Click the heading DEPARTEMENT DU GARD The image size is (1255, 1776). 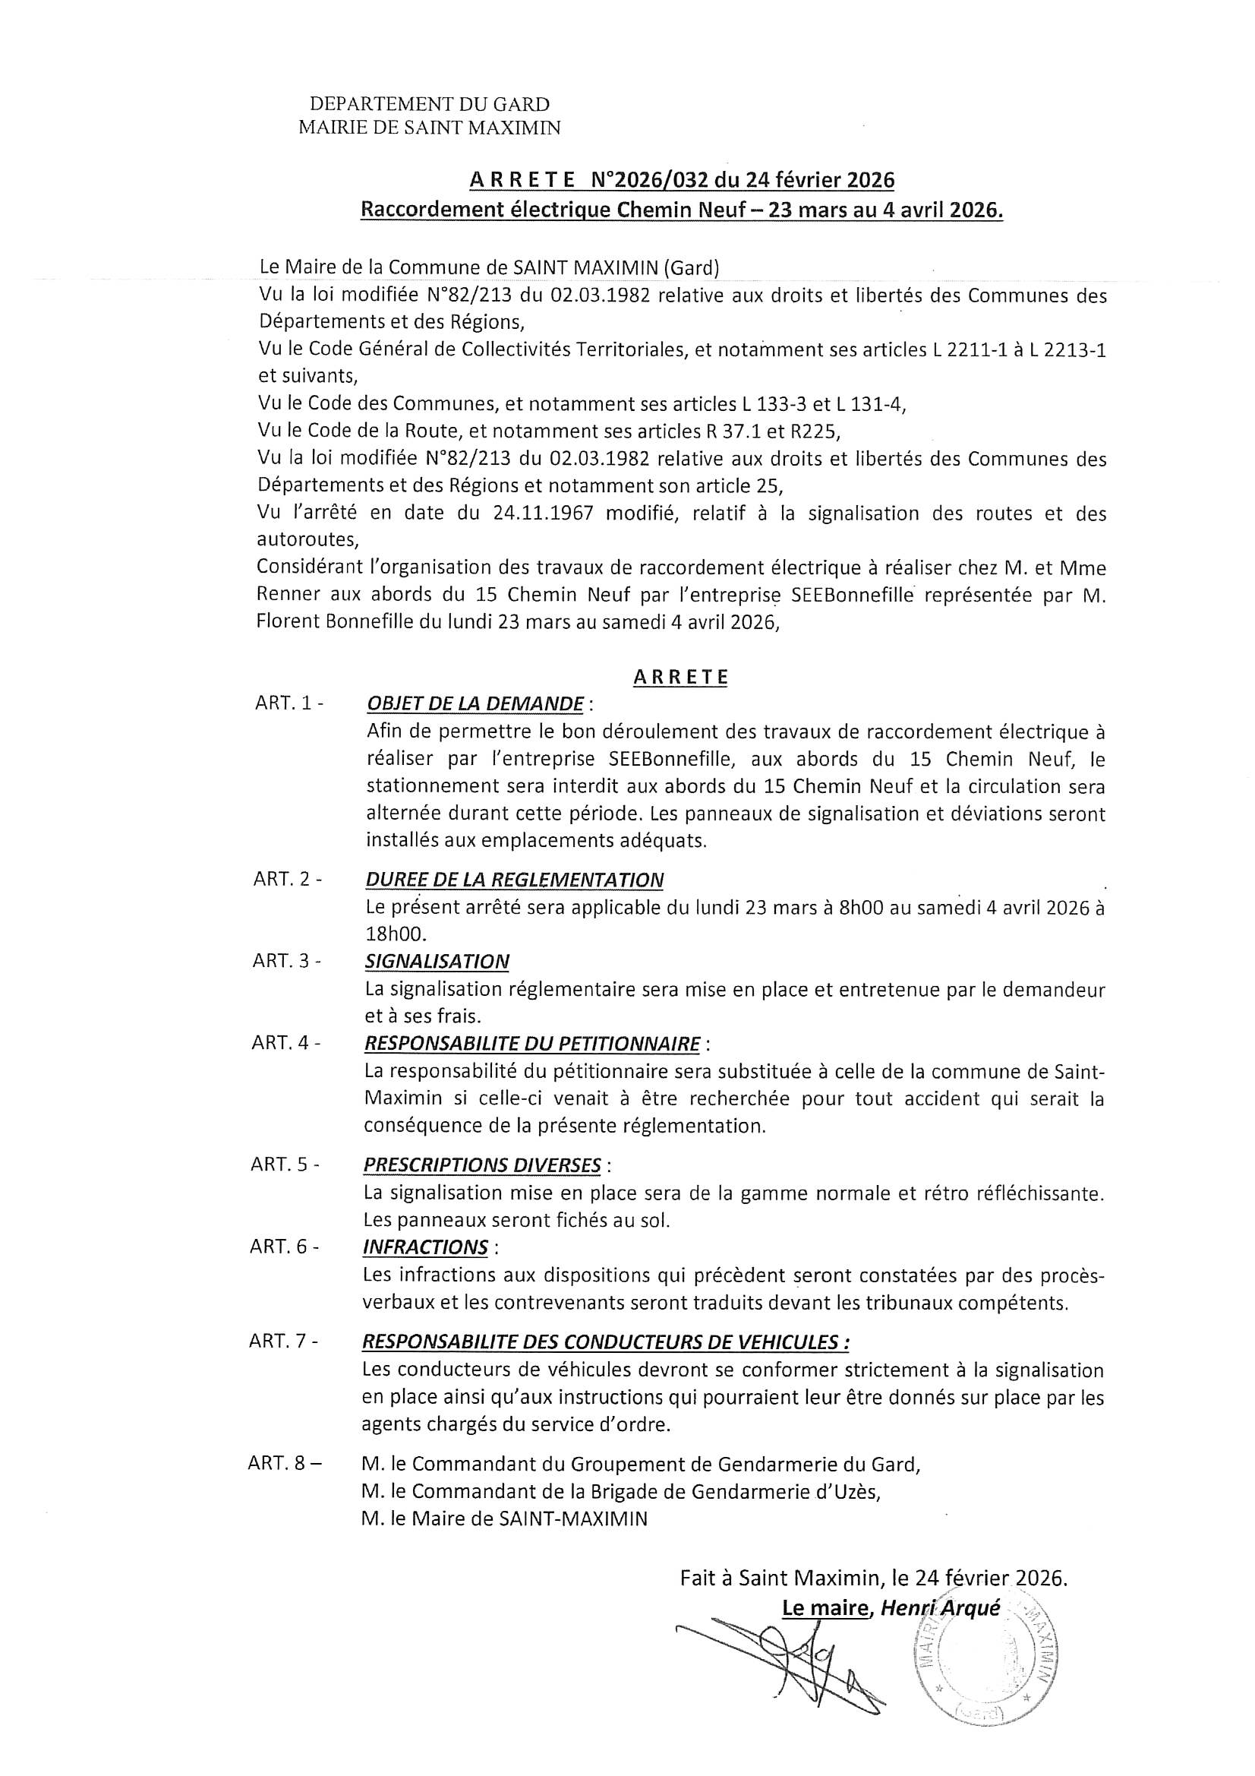(429, 104)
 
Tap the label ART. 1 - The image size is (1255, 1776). (289, 704)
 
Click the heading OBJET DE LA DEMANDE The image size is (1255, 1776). (475, 704)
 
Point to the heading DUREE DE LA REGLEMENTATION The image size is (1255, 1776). (514, 880)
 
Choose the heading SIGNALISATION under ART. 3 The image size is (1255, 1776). (437, 962)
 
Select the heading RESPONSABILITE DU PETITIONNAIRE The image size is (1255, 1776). (532, 1044)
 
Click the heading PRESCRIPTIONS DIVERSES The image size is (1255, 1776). (483, 1165)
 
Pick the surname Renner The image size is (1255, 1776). (289, 596)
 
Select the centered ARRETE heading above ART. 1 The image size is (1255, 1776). (680, 678)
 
